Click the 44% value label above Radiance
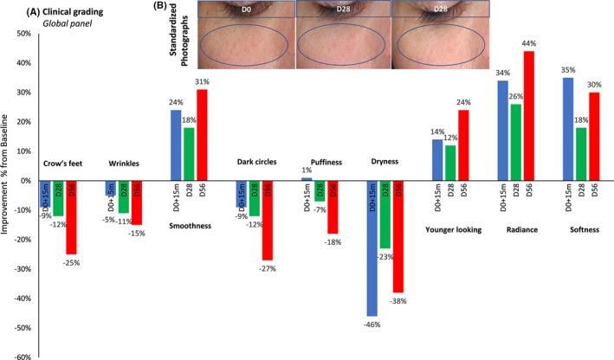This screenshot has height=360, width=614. pos(527,42)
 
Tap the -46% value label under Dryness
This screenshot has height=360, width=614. pos(372,324)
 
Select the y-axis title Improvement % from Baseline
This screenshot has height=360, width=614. pos(7,195)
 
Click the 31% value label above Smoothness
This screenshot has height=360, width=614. pos(203,80)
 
